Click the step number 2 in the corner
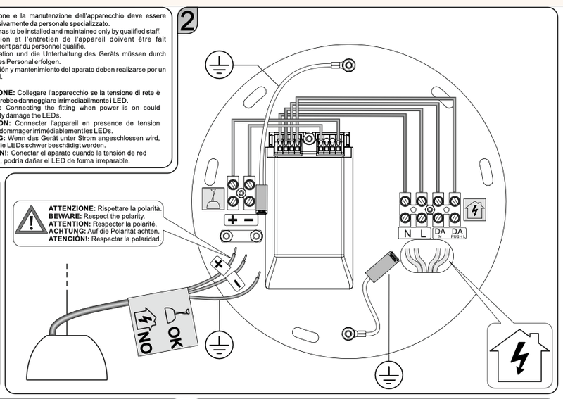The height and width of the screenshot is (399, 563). point(188,20)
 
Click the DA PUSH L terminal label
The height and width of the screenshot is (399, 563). point(457,234)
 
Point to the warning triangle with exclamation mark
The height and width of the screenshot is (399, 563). point(30,222)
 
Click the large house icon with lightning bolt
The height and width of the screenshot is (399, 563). point(518,356)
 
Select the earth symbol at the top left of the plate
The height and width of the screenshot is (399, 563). point(217,67)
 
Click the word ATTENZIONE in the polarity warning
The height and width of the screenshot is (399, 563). point(72,210)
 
